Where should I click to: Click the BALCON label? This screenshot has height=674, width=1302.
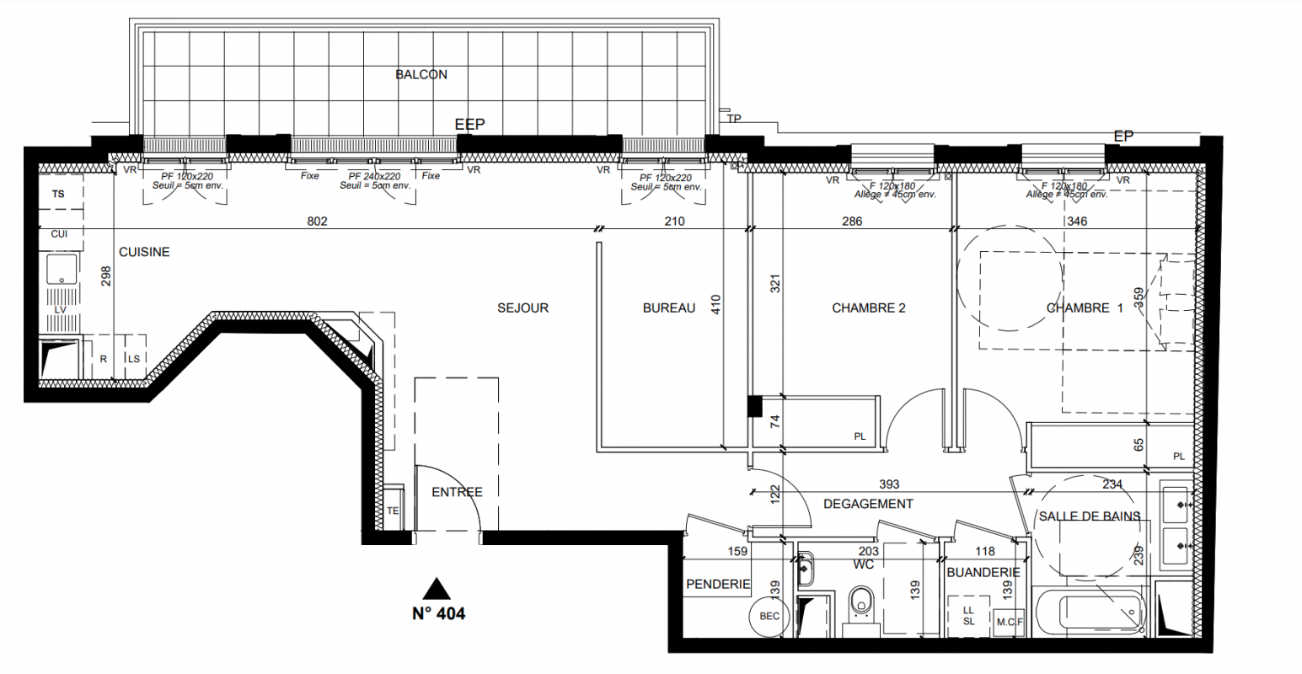pyautogui.click(x=421, y=74)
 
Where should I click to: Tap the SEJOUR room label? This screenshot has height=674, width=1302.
pyautogui.click(x=522, y=308)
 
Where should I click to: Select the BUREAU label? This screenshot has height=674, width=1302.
pyautogui.click(x=669, y=308)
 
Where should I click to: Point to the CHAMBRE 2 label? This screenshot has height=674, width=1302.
pyautogui.click(x=868, y=308)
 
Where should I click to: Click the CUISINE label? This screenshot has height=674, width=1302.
pyautogui.click(x=144, y=252)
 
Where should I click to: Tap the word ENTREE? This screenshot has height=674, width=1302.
pyautogui.click(x=457, y=492)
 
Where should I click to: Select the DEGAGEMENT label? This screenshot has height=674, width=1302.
pyautogui.click(x=868, y=504)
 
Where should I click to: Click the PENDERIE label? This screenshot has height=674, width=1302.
pyautogui.click(x=719, y=584)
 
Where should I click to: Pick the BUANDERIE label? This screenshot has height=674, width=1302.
pyautogui.click(x=983, y=572)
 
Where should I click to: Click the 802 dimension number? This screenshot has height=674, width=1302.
pyautogui.click(x=318, y=222)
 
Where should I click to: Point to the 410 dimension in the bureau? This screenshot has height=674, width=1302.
pyautogui.click(x=715, y=304)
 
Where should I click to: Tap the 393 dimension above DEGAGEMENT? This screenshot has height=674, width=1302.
pyautogui.click(x=889, y=484)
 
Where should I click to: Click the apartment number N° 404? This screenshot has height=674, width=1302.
pyautogui.click(x=439, y=613)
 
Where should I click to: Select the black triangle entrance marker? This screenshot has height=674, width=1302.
pyautogui.click(x=437, y=589)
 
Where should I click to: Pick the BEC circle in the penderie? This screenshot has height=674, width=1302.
pyautogui.click(x=769, y=616)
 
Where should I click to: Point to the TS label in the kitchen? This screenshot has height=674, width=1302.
pyautogui.click(x=58, y=194)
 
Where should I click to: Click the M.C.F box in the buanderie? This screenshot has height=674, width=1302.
pyautogui.click(x=1009, y=622)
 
